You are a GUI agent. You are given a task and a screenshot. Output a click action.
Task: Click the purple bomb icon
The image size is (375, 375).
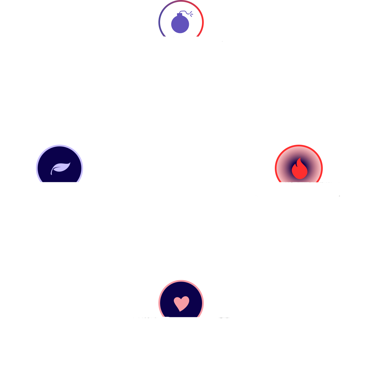tap(180, 23)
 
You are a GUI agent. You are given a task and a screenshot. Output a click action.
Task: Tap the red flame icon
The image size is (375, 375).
tap(299, 169)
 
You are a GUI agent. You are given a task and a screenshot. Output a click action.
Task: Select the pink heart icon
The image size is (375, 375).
tap(181, 303)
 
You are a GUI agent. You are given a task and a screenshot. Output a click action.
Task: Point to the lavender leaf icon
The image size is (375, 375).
tap(60, 168)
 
